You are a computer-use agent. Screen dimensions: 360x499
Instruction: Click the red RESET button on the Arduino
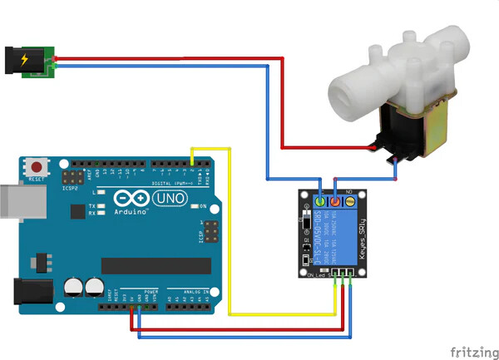point(37,165)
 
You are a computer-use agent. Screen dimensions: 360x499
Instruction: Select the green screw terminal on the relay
point(321,201)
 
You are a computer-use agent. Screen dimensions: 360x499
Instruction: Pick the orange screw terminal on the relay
point(336,201)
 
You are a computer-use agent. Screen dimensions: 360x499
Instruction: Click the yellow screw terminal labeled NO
point(350,201)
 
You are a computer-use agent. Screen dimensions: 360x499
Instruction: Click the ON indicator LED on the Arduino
point(193,205)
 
